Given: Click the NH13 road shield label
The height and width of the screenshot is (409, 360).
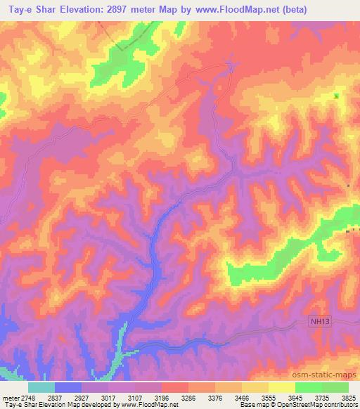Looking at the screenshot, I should (x=319, y=322).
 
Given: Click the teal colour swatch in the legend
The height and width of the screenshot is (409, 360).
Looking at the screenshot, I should (x=41, y=387).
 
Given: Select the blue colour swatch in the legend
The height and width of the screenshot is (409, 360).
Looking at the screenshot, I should (x=68, y=387).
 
